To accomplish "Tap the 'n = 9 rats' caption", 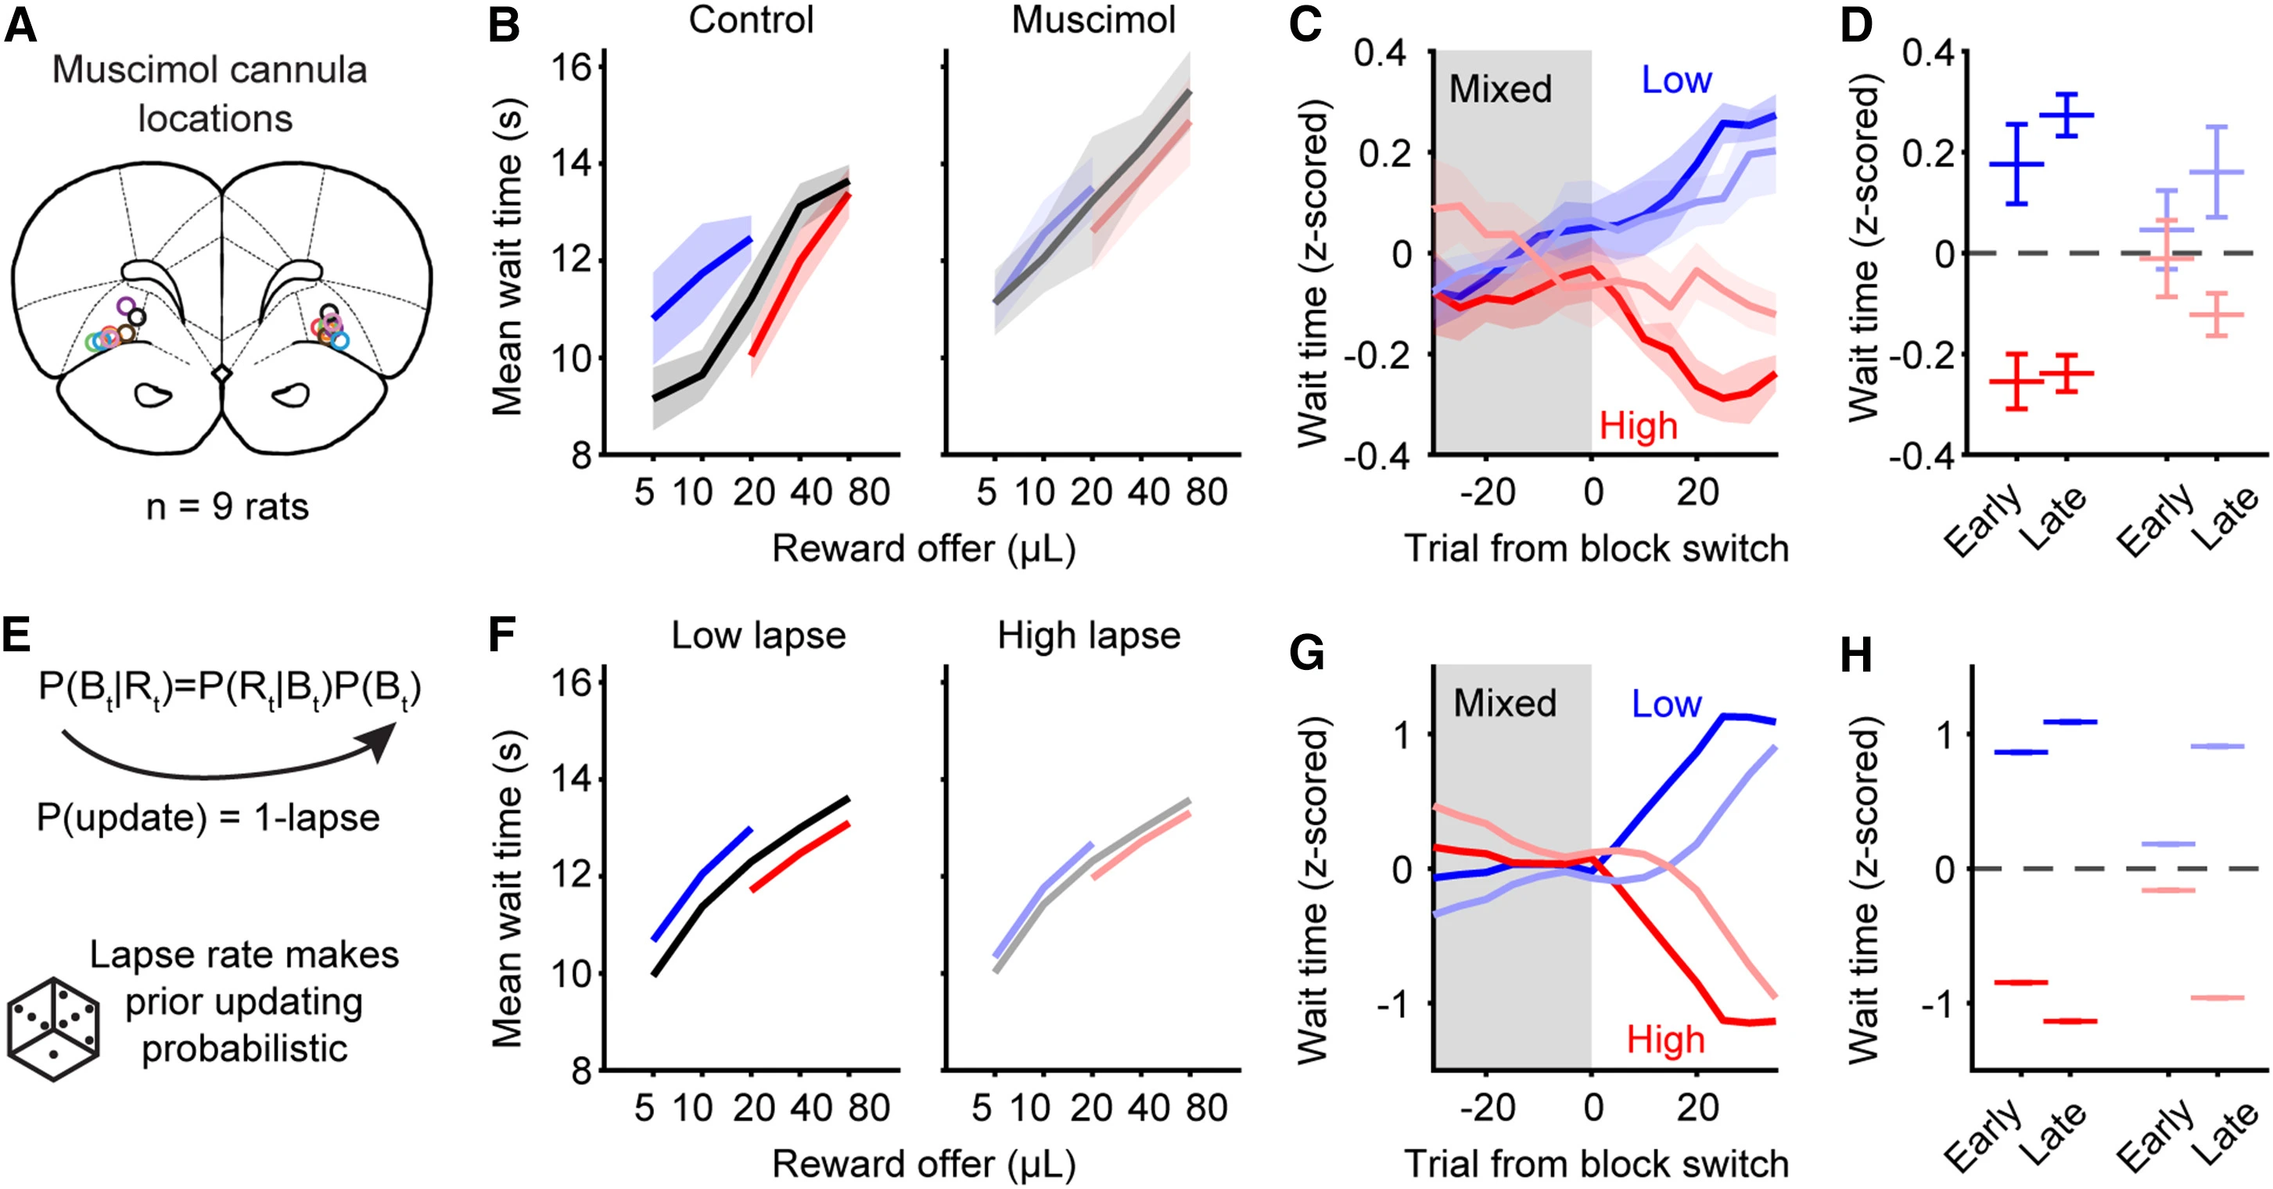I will point(228,507).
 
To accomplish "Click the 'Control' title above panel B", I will point(751,20).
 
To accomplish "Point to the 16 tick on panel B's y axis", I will point(571,67).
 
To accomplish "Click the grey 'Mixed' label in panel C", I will point(1500,89).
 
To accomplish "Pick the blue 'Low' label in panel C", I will point(1675,81).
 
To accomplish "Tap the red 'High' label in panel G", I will point(1665,1040).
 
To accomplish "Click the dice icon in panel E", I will point(53,1029).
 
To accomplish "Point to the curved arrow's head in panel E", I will point(383,740).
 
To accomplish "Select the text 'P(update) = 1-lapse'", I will point(208,818).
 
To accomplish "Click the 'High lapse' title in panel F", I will point(1089,635).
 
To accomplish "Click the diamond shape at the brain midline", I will point(221,374).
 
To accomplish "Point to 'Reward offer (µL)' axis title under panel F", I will point(923,1164).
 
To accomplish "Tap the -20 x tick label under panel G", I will point(1487,1107).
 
